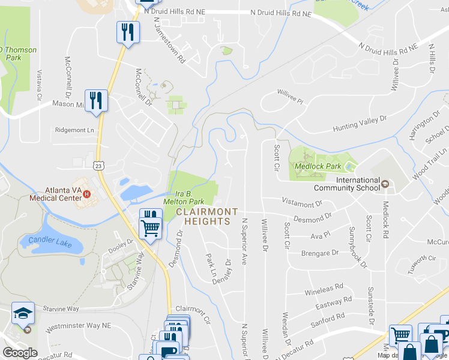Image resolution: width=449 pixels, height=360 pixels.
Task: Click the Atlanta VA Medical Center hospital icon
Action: (x=87, y=194)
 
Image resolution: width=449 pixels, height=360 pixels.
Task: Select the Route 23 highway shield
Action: (x=98, y=164)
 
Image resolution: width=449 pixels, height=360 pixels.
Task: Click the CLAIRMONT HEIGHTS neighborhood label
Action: (x=203, y=217)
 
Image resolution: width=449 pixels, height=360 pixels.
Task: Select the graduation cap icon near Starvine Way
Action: (x=23, y=313)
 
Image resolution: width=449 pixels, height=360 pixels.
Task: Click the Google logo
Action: (x=20, y=352)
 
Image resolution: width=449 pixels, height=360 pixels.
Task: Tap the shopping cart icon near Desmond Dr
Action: (x=151, y=227)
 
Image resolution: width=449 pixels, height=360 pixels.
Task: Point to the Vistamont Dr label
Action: (x=301, y=205)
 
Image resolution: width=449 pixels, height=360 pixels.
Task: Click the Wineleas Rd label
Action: (x=324, y=290)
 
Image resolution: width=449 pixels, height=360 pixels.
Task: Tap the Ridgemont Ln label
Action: (x=75, y=130)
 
